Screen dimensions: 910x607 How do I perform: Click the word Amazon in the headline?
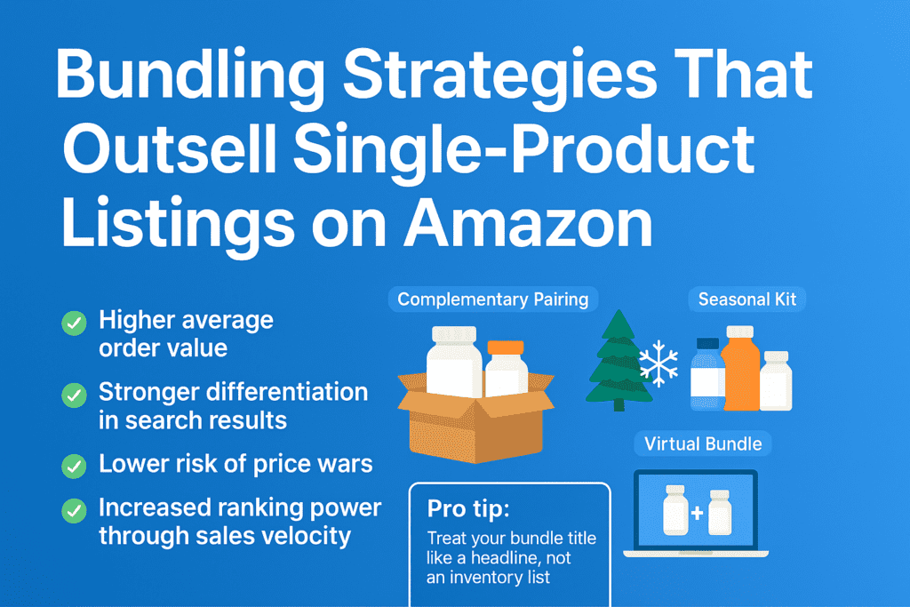pyautogui.click(x=528, y=223)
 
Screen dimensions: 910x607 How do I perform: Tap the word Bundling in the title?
pyautogui.click(x=190, y=76)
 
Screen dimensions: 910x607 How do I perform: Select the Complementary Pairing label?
pyautogui.click(x=492, y=300)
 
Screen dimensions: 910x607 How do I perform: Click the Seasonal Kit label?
pyautogui.click(x=746, y=300)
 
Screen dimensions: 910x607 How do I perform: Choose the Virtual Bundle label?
pyautogui.click(x=703, y=444)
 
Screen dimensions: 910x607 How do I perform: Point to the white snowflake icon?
pyautogui.click(x=659, y=363)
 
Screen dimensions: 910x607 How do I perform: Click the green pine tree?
pyautogui.click(x=618, y=360)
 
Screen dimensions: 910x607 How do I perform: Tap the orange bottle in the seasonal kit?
pyautogui.click(x=740, y=368)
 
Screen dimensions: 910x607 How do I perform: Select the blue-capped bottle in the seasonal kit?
pyautogui.click(x=707, y=374)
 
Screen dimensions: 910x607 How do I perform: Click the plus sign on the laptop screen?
pyautogui.click(x=698, y=513)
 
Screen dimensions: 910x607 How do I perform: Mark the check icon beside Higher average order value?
pyautogui.click(x=75, y=323)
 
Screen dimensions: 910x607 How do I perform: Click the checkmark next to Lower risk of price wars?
pyautogui.click(x=75, y=466)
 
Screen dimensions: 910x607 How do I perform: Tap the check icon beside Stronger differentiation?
pyautogui.click(x=75, y=395)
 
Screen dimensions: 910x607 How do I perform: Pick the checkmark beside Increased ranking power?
pyautogui.click(x=75, y=511)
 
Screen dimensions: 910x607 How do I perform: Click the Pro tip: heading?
pyautogui.click(x=468, y=509)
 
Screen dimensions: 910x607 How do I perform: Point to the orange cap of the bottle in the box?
pyautogui.click(x=506, y=347)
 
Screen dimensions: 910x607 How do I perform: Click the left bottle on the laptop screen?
pyautogui.click(x=675, y=510)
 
